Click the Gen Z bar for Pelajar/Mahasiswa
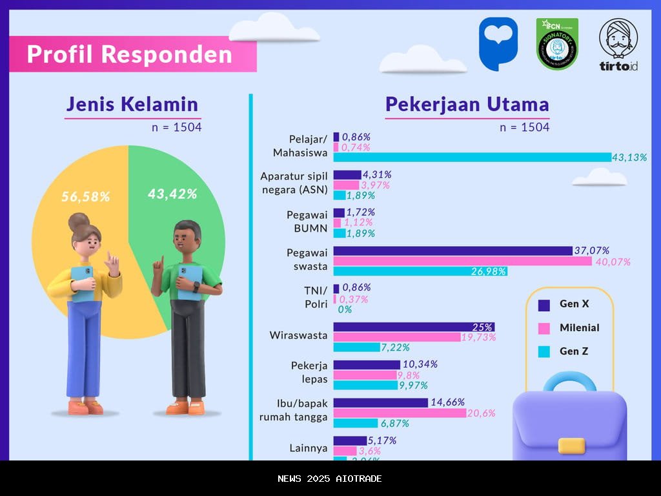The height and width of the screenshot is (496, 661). [472, 157]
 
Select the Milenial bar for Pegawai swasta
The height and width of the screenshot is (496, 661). [462, 261]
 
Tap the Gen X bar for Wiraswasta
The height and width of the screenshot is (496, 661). [414, 327]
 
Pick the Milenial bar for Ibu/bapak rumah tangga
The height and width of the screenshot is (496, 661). [400, 413]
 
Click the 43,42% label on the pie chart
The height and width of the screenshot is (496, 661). [172, 194]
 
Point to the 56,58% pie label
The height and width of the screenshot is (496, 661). [86, 197]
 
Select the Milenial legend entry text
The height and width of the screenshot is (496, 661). [579, 328]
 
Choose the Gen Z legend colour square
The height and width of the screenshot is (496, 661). [544, 352]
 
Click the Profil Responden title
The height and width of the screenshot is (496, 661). [130, 54]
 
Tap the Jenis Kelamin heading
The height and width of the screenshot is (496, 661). [132, 105]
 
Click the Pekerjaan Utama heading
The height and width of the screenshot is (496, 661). [467, 105]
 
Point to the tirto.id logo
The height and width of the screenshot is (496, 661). [618, 45]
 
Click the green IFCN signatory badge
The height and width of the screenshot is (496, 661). [557, 44]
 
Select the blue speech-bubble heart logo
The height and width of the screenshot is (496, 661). [498, 43]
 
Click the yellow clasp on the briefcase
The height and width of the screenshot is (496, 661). [571, 446]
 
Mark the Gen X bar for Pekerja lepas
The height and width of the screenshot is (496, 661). [366, 364]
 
